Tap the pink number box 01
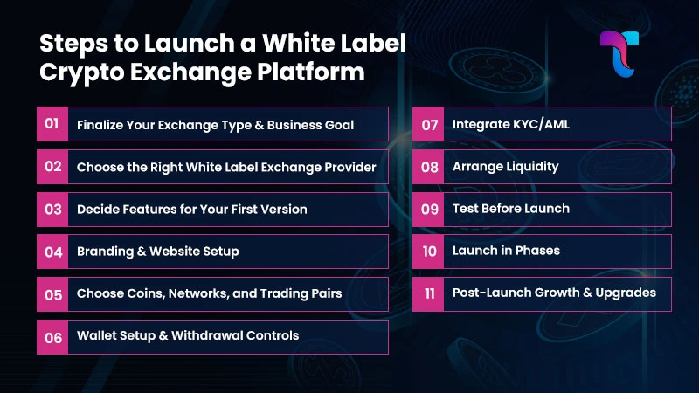click(x=52, y=124)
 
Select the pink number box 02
click(x=52, y=167)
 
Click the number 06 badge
click(x=52, y=336)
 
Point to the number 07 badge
click(x=429, y=124)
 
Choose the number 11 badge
click(x=429, y=293)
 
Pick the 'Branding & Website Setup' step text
click(x=157, y=252)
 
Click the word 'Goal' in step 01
click(x=337, y=125)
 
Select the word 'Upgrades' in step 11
click(x=626, y=293)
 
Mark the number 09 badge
click(x=429, y=209)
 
